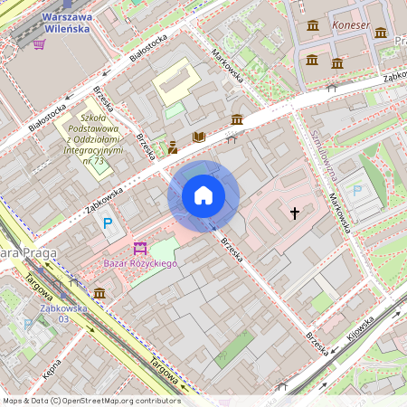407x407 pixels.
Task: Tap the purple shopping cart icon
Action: click(x=39, y=43)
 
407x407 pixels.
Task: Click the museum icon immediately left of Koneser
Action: click(x=313, y=25)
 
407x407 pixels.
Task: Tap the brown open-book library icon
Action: click(x=199, y=137)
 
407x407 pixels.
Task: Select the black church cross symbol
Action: click(x=294, y=213)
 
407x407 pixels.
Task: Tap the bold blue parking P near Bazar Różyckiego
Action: click(x=108, y=223)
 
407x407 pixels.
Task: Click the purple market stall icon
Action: click(x=140, y=247)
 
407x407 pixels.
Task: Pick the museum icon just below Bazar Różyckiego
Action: click(x=99, y=293)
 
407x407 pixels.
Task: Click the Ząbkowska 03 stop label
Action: click(x=62, y=313)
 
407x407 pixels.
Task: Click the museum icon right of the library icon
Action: click(x=236, y=120)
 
